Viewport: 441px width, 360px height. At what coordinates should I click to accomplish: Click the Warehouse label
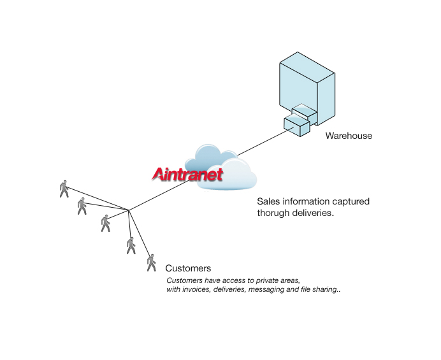coord(349,136)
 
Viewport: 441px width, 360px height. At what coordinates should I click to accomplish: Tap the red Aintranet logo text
coord(187,173)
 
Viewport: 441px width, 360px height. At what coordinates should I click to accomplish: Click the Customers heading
coord(188,268)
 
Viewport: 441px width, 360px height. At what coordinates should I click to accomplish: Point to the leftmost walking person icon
coord(64,188)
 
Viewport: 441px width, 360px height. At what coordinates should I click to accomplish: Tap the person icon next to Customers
coord(151,263)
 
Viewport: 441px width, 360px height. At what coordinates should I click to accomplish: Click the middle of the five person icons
coord(105,223)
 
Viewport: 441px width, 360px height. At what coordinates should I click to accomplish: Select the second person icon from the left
coord(82,206)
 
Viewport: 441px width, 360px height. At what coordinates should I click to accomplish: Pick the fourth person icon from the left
coord(131,245)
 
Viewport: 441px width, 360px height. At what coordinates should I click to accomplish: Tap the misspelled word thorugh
coord(273,213)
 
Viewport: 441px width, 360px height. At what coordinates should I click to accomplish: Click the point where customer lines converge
coord(129,210)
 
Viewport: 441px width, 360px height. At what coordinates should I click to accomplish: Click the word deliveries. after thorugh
coord(312,213)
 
